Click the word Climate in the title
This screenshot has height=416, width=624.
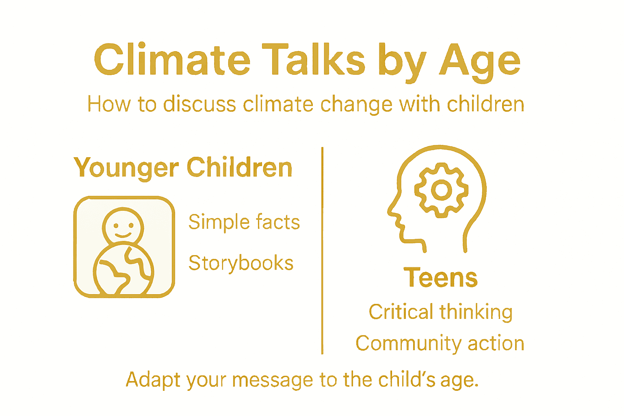pos(172,61)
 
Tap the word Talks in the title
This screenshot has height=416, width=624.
pos(313,60)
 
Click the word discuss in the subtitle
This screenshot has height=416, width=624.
pos(199,104)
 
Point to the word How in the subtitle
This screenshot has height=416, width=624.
pos(109,104)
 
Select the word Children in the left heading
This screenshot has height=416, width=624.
pos(240,167)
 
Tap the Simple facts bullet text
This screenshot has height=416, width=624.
pos(244,222)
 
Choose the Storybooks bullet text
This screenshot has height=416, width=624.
pos(241,263)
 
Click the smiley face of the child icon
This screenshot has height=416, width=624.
pos(123,226)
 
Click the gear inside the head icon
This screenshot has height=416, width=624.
pos(441,190)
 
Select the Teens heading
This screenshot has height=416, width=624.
pos(441,278)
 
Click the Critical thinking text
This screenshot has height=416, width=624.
pos(440,312)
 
